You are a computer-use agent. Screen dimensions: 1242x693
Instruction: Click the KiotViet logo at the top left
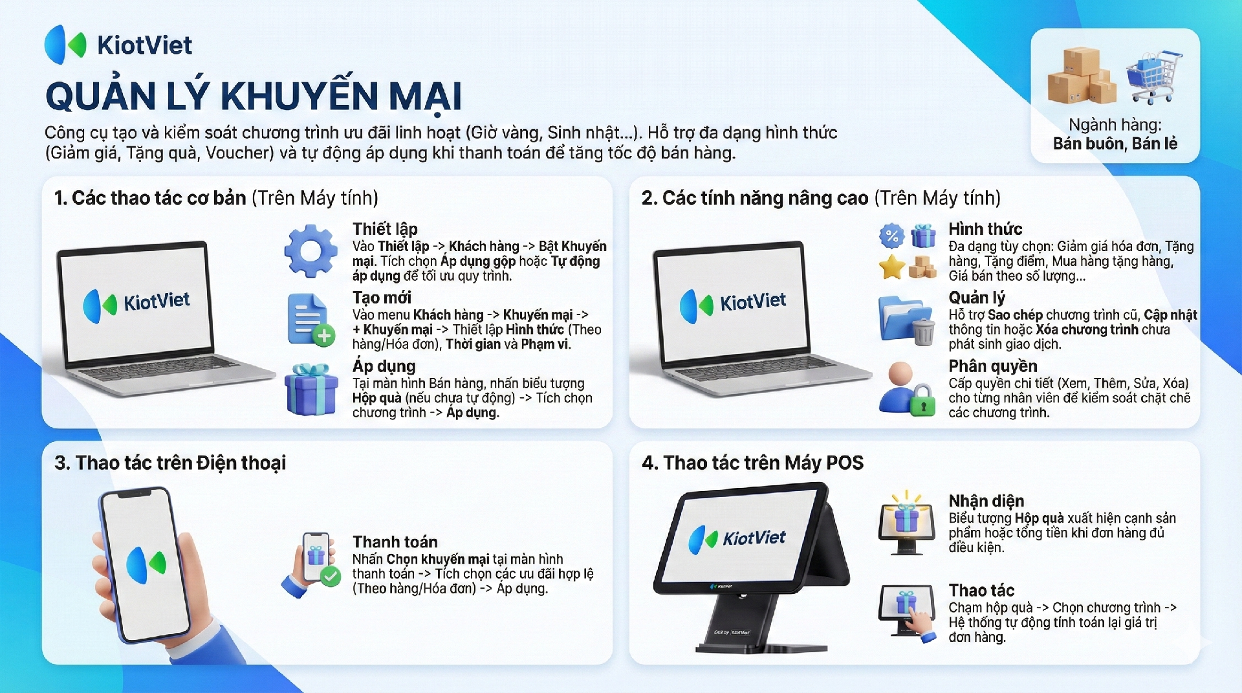[x=118, y=45]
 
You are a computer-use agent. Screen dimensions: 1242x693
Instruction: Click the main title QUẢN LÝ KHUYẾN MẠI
[x=254, y=96]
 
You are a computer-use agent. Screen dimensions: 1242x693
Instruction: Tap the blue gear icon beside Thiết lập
[x=311, y=251]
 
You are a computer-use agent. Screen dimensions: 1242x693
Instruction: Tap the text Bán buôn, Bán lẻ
[x=1115, y=144]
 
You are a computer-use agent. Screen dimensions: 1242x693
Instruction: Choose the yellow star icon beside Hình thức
[x=891, y=267]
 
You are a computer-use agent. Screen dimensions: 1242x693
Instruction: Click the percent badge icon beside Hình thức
[x=891, y=236]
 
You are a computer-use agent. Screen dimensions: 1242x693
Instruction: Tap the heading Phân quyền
[x=993, y=366]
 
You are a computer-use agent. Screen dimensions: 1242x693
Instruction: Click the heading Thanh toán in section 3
[x=395, y=542]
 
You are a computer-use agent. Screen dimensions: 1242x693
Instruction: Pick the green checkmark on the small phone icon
[x=331, y=576]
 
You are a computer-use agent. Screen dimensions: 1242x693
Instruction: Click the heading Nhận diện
[x=986, y=501]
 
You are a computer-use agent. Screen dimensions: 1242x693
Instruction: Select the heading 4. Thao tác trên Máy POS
[x=753, y=463]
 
